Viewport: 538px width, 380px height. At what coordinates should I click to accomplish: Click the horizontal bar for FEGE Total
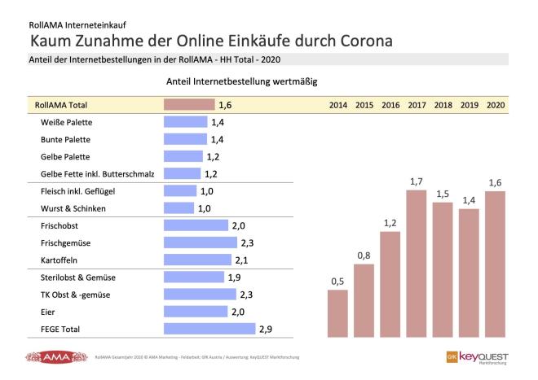(x=209, y=329)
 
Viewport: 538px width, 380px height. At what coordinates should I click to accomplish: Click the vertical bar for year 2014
(x=337, y=312)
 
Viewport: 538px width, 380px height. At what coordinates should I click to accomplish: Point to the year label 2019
(x=468, y=105)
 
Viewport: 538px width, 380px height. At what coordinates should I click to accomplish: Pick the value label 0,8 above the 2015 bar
(x=364, y=256)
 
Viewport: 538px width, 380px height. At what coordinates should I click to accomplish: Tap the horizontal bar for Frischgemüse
(x=201, y=242)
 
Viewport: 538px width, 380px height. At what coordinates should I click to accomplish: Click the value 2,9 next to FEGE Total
(x=265, y=329)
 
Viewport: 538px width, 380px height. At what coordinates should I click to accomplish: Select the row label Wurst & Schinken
(x=68, y=208)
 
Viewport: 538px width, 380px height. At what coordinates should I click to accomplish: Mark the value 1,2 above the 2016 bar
(x=390, y=223)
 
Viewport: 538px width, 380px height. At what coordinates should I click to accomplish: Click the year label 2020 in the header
(x=494, y=105)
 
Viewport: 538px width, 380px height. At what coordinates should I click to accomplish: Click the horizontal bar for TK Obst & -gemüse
(x=201, y=295)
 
